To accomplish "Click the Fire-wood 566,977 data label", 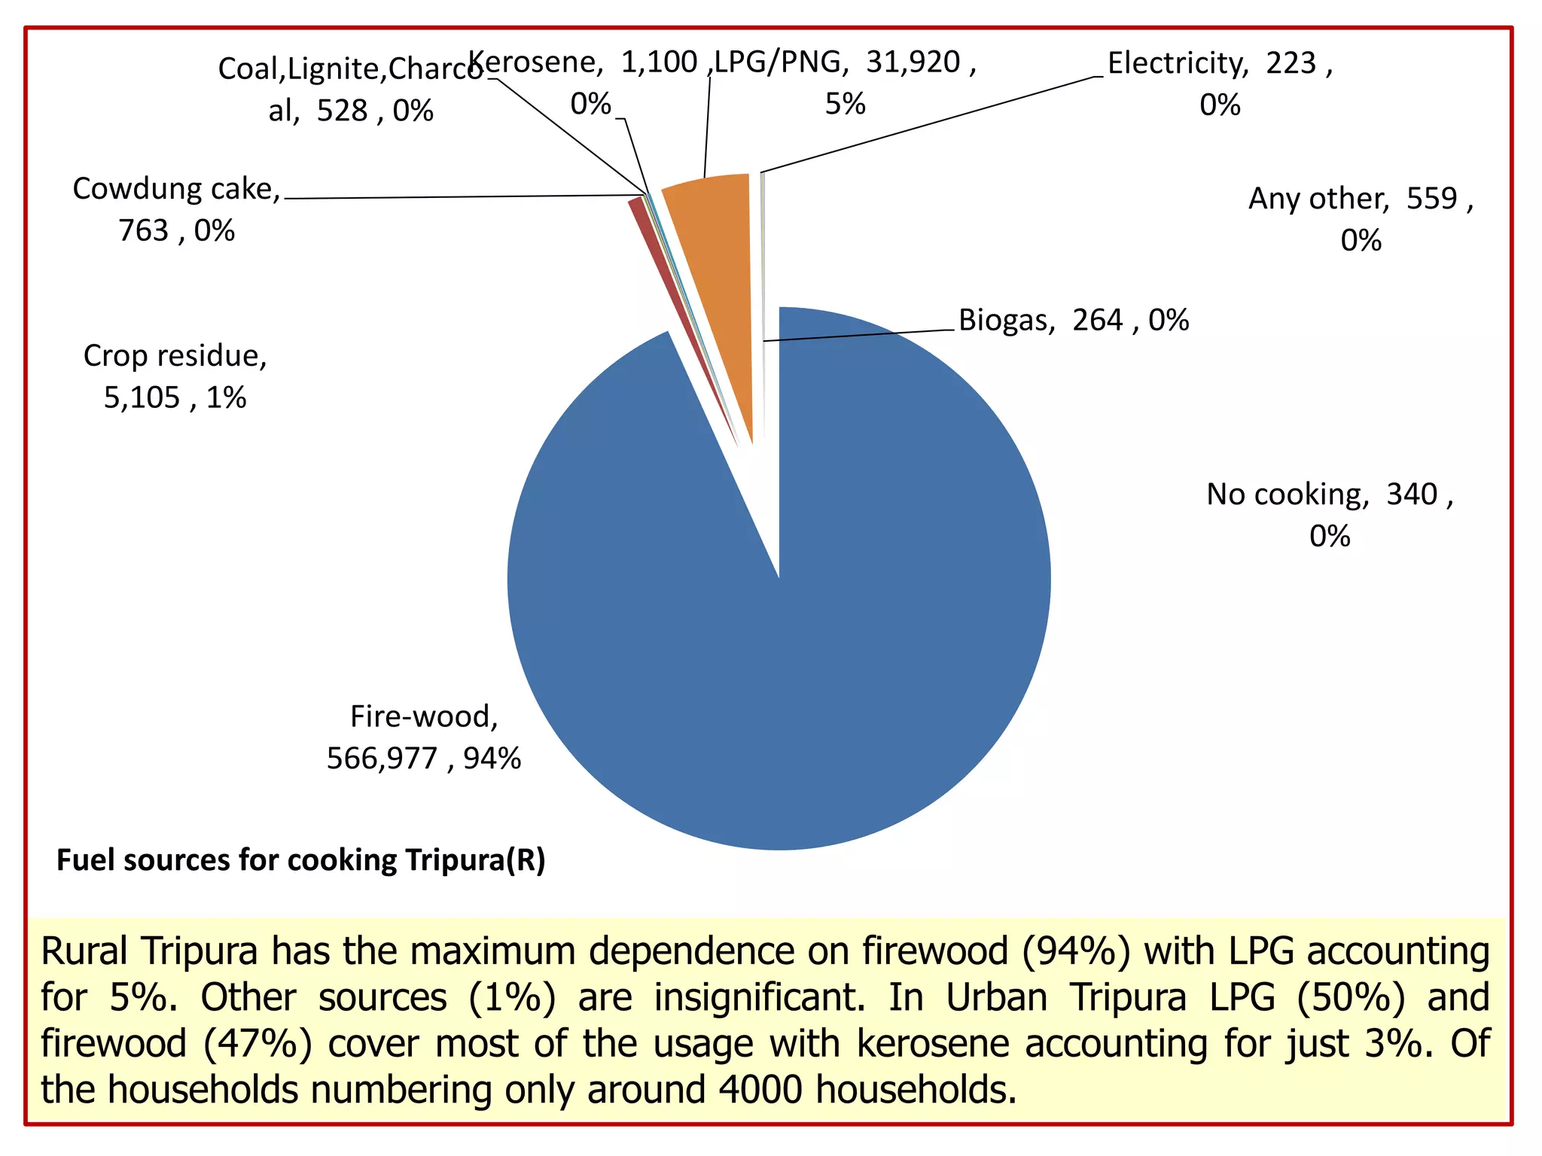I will coord(424,738).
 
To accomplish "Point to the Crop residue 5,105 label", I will coord(175,376).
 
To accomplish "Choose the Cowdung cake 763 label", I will coord(176,209).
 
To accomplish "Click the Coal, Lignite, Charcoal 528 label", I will coord(351,90).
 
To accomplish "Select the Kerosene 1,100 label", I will coord(587,83).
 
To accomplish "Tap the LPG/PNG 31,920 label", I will coord(845,83).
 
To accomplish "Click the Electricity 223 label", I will coord(1220,84).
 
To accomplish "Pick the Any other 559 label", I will coord(1361,219).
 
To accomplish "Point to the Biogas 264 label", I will coord(1074,320).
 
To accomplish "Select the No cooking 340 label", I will coord(1330,515).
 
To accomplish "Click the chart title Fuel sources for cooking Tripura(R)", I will coord(301,860).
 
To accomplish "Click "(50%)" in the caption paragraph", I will coord(1351,998).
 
